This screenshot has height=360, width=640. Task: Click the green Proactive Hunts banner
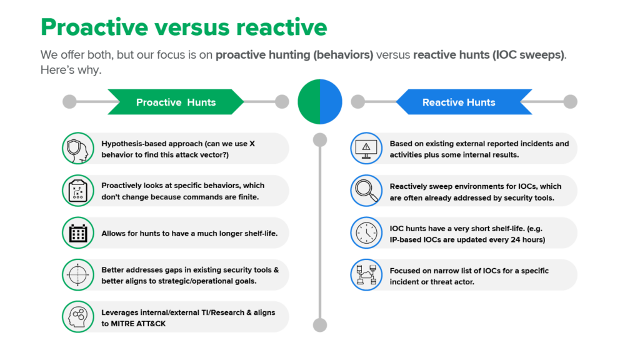(176, 102)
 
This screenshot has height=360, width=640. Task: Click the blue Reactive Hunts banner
(458, 102)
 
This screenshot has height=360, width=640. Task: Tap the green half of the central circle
(309, 101)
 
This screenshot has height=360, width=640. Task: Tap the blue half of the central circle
(331, 101)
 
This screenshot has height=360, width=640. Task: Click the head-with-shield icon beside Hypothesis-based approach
(78, 149)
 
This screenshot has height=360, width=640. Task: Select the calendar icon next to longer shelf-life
(78, 233)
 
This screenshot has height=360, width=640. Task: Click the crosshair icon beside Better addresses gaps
(78, 275)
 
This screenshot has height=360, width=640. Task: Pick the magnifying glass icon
(366, 191)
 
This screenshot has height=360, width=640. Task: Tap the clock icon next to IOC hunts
(366, 232)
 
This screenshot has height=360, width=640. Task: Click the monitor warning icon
(366, 149)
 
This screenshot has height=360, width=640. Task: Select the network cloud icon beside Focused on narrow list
(366, 275)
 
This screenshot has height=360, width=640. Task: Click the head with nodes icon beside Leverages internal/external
(78, 317)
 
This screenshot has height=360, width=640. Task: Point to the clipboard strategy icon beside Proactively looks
(78, 191)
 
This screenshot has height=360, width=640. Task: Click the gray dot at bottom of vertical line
(319, 324)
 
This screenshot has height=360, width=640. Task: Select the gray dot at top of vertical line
(319, 139)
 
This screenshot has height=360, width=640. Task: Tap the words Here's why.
(71, 70)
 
